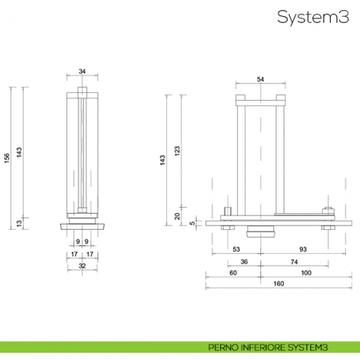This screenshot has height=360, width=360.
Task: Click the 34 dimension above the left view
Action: point(82,71)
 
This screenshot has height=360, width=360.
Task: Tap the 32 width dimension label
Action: point(82,266)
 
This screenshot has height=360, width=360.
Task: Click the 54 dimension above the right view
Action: point(260,78)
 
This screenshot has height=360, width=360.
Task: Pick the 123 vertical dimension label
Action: point(178,151)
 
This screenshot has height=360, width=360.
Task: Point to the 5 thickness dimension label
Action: point(192,223)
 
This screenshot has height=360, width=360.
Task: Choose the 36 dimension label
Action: point(244,262)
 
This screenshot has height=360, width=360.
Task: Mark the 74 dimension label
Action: point(294,262)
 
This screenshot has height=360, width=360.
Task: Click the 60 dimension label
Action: point(233,273)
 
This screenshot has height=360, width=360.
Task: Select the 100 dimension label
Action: point(306,273)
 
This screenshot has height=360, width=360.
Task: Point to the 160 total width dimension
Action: point(278,285)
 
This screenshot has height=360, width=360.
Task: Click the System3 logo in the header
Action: point(313,18)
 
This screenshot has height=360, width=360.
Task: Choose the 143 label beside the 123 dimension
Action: point(162,161)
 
